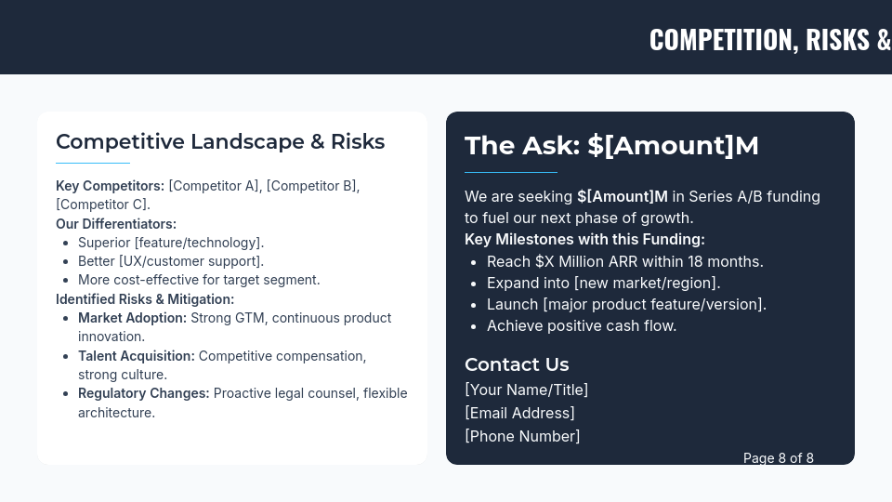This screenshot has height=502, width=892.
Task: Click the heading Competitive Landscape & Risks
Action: [x=220, y=141]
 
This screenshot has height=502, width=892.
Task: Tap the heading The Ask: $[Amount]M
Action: [x=611, y=146]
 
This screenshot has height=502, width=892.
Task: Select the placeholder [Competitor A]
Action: [x=214, y=186]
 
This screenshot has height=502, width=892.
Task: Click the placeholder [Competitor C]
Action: [x=102, y=205]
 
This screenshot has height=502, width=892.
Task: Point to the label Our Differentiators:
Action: [x=116, y=224]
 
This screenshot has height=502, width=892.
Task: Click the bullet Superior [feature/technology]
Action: [x=171, y=243]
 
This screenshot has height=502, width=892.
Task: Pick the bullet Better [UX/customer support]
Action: [x=171, y=261]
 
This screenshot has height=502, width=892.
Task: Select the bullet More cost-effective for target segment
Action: [x=199, y=280]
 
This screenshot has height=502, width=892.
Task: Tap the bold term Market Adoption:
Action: [x=132, y=318]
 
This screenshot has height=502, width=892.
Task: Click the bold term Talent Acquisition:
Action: [x=137, y=356]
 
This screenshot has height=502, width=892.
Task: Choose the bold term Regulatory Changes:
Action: [x=144, y=393]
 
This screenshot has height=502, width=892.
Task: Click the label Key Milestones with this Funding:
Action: [x=584, y=240]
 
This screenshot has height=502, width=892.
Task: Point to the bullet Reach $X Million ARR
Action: [x=624, y=262]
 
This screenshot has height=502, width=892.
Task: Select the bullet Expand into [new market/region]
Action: [x=603, y=284]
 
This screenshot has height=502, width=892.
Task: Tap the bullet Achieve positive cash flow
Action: [x=582, y=326]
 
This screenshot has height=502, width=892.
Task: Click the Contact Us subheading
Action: [x=517, y=364]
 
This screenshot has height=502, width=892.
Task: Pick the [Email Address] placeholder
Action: [x=519, y=413]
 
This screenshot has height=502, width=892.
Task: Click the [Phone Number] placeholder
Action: [x=522, y=436]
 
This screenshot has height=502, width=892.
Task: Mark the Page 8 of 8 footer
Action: [x=778, y=458]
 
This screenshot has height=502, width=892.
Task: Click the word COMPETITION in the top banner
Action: [x=720, y=39]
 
